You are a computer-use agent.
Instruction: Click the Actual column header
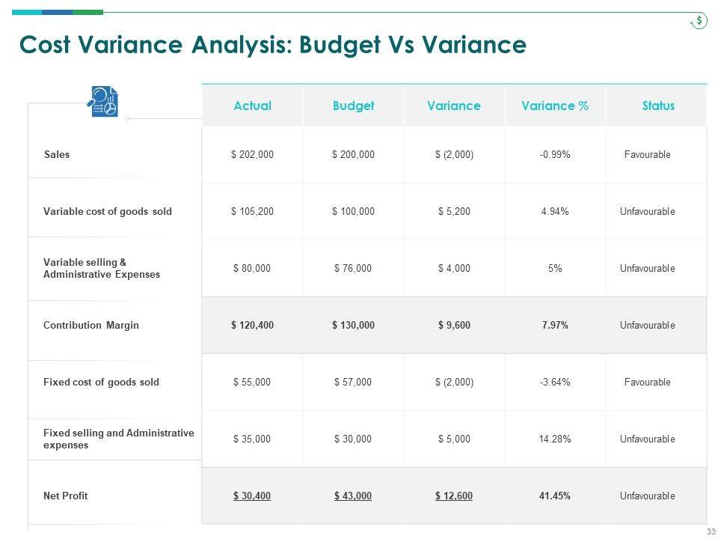coord(252,106)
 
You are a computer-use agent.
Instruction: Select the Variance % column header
coord(554,106)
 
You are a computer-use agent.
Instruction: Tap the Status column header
coord(658,106)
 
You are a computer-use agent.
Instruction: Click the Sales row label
coord(57,155)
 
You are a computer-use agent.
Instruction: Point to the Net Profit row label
coord(66,496)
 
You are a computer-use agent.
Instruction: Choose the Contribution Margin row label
coord(91,326)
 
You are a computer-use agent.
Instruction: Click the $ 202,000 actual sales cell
coord(252,155)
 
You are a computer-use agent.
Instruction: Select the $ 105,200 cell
coord(252,212)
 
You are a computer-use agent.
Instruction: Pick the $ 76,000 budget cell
coord(353,269)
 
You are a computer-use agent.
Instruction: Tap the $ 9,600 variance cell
coord(454,326)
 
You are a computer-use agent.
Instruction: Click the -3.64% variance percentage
coord(555,383)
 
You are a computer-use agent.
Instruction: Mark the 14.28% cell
coord(555,439)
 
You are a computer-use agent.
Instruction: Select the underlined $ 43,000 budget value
coord(353,496)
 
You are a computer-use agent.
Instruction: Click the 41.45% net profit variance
coord(555,496)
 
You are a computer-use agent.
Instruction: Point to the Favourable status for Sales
coord(647,155)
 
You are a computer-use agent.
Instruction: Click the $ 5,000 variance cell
coord(454,439)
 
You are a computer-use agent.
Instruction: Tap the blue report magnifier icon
coord(103,102)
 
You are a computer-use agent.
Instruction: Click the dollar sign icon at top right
coord(699,21)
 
